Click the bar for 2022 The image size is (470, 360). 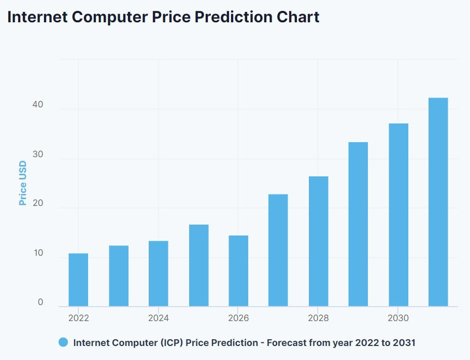[x=78, y=280]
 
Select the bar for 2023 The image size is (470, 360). [x=119, y=275]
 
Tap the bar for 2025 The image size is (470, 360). [x=198, y=265]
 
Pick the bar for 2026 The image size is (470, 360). [x=238, y=271]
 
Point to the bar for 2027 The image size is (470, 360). [x=278, y=250]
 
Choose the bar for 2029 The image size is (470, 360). [x=358, y=224]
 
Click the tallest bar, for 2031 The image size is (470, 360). [x=438, y=202]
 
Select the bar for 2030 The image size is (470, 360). [x=398, y=215]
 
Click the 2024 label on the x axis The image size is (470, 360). [x=159, y=318]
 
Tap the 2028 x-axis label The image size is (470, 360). [x=318, y=318]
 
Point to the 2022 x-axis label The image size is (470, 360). [x=78, y=318]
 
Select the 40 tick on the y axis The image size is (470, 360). [x=37, y=105]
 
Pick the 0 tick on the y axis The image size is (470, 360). [x=40, y=302]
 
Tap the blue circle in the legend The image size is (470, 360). [x=63, y=342]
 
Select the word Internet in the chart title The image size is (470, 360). [x=37, y=17]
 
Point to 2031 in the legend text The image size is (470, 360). [x=404, y=342]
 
